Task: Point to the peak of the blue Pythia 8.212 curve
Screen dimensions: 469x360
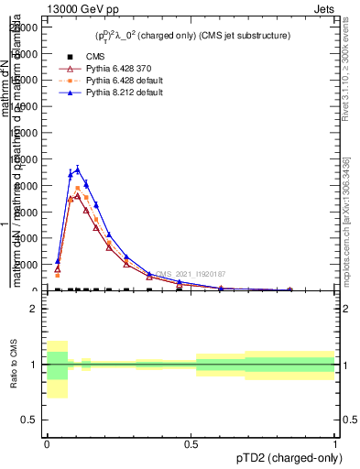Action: (78, 169)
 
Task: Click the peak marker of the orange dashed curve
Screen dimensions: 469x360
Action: (78, 189)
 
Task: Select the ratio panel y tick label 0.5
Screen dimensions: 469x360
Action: (30, 420)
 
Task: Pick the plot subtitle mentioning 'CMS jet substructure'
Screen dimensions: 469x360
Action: (181, 35)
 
